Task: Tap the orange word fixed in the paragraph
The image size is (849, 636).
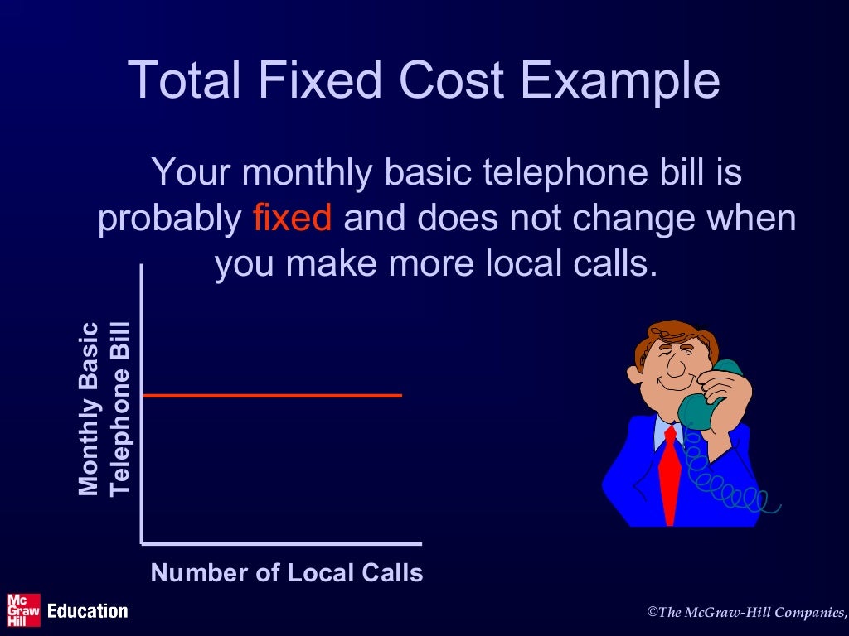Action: (x=292, y=219)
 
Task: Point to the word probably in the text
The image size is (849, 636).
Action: (x=169, y=220)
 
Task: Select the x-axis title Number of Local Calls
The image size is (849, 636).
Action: (x=287, y=573)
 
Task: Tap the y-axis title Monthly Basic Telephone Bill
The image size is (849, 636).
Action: (x=104, y=409)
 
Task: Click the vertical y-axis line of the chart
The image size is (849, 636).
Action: (x=143, y=414)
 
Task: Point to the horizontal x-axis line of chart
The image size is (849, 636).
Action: (x=282, y=544)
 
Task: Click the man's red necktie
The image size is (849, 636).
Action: (x=670, y=480)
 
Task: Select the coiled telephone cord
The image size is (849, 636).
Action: (x=730, y=489)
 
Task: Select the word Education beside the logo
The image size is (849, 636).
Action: (x=88, y=611)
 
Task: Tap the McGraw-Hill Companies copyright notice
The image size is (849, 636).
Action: (x=746, y=612)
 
